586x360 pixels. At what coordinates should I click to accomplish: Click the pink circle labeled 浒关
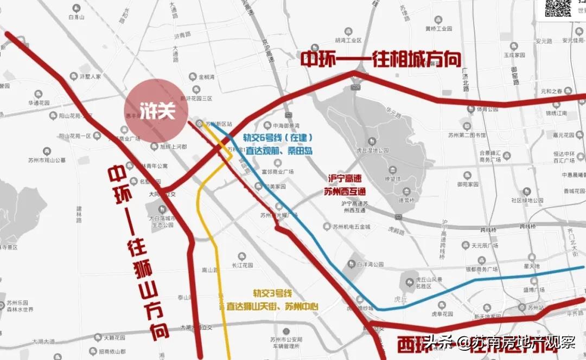click(x=156, y=111)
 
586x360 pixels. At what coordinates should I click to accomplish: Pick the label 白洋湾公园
click(x=370, y=265)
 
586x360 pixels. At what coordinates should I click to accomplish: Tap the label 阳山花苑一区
click(x=75, y=136)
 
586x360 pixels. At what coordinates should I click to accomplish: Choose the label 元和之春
click(x=556, y=91)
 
